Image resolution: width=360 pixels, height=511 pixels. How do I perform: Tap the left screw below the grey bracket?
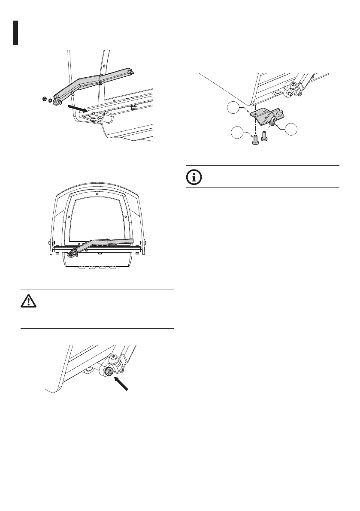coord(255,141)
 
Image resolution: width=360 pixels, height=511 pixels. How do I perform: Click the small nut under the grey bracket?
coord(272,124)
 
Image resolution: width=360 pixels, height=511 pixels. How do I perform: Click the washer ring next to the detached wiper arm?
coord(50,101)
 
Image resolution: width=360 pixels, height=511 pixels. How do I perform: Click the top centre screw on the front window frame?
coord(97,194)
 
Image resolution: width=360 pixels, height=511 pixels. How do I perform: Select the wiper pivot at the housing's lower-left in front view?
coord(69,254)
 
